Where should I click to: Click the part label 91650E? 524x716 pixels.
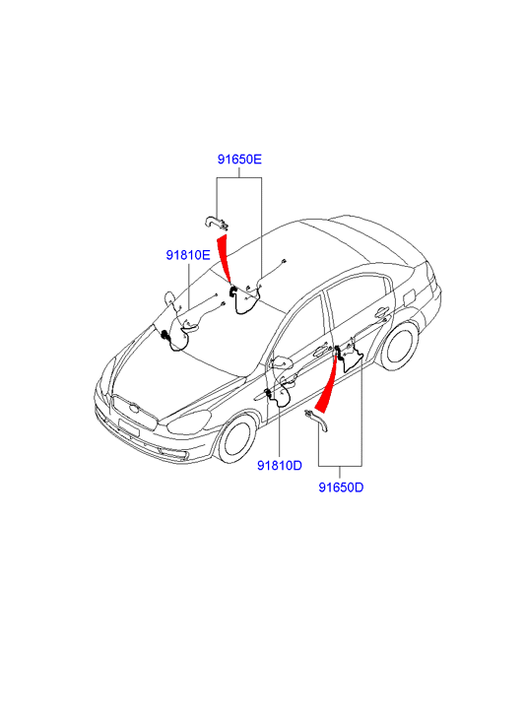239,160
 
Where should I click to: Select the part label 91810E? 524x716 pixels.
188,255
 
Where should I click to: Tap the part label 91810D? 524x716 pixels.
280,465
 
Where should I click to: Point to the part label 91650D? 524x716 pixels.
341,488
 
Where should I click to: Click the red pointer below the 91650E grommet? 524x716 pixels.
224,258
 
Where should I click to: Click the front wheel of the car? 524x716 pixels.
236,439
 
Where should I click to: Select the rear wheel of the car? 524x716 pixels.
399,346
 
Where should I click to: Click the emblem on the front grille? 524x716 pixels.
133,408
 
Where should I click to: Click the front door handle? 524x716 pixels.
321,350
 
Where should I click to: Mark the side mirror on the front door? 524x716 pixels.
282,363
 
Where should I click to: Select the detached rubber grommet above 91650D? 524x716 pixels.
318,420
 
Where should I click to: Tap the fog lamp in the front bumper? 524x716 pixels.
176,454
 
